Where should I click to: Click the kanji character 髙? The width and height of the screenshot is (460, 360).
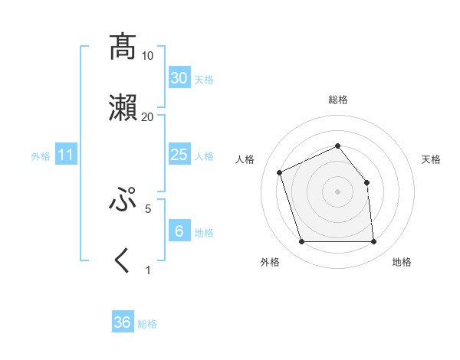123,47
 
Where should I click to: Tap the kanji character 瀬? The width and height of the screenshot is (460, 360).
123,107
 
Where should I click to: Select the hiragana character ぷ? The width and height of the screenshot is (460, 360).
123,199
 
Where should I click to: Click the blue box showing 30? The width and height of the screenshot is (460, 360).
179,77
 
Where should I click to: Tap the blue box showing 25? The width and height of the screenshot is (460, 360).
179,155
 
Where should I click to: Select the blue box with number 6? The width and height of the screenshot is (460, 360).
179,231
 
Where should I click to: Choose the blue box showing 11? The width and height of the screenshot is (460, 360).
66,155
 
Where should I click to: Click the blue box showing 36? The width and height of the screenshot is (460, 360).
123,322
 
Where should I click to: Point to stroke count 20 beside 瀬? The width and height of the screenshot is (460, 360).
148,116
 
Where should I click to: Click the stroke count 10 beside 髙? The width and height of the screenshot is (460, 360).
148,56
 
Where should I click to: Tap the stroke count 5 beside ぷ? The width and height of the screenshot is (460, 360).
148,208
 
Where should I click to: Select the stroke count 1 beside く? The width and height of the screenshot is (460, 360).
148,270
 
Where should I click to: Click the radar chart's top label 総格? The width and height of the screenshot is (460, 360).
338,100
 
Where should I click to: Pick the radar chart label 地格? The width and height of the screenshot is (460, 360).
402,262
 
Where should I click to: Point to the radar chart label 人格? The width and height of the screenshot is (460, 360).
245,159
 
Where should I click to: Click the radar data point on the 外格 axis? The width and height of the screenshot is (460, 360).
301,242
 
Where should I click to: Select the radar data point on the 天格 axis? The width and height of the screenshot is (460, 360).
366,182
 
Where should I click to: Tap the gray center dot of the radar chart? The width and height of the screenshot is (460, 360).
337,191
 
